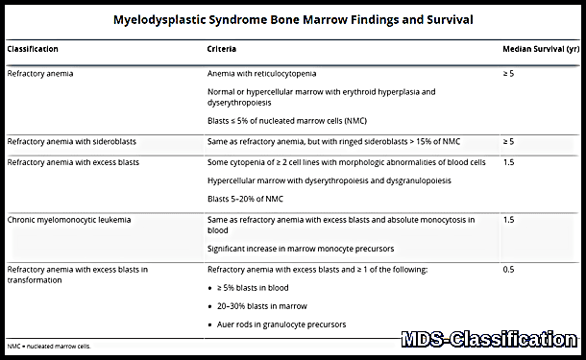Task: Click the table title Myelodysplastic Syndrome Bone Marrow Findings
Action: (x=292, y=19)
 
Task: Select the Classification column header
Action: (x=33, y=48)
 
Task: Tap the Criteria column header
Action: (x=222, y=48)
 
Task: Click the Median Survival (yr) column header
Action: (x=539, y=48)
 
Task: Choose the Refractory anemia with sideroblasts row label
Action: (x=71, y=141)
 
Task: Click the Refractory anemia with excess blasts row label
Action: (x=73, y=162)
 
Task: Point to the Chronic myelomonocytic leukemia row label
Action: (x=68, y=220)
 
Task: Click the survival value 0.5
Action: (x=509, y=271)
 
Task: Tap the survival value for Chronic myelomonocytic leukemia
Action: (x=509, y=220)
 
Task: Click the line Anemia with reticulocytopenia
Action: (x=261, y=73)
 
